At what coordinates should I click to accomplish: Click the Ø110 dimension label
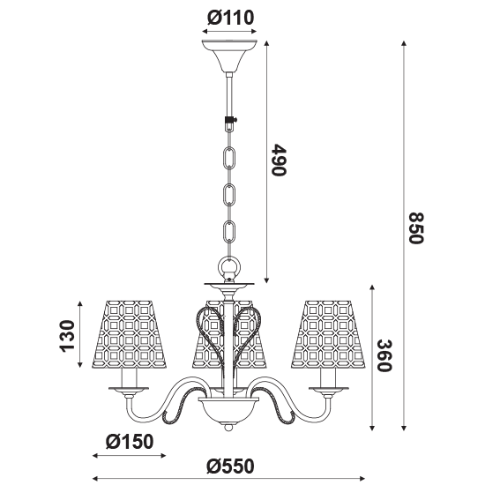(x=230, y=18)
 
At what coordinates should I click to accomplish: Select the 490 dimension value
(x=279, y=160)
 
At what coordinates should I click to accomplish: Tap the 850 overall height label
(x=415, y=228)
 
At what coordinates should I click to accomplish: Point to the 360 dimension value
(x=384, y=355)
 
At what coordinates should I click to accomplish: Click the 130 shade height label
(x=67, y=336)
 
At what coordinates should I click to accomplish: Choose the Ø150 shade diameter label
(x=130, y=442)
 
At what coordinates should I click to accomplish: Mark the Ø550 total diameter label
(x=230, y=466)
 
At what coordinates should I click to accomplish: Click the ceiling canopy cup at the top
(x=229, y=56)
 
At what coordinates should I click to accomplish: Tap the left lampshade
(x=130, y=334)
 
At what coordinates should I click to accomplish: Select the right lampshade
(x=328, y=334)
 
